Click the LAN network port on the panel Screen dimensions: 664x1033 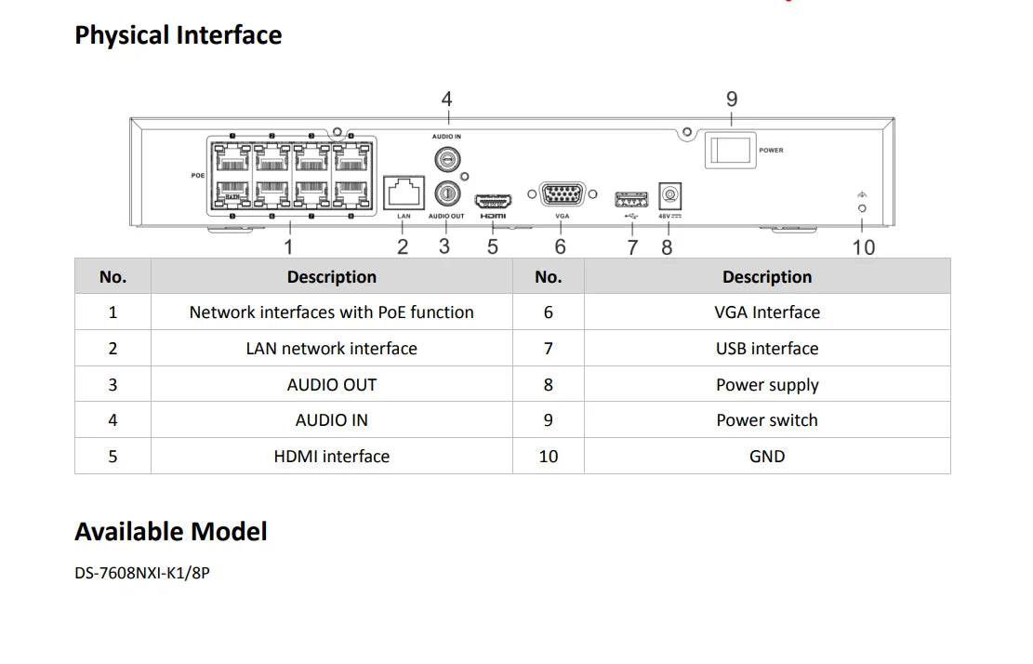404,193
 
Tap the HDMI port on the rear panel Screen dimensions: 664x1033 493,200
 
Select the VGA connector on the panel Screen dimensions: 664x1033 563,195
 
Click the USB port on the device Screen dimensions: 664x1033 631,198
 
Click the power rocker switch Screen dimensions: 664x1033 730,150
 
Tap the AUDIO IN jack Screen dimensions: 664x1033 447,158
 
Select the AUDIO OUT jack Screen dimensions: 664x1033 446,193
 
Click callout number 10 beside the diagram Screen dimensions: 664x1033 864,246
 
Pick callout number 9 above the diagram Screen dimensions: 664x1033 732,99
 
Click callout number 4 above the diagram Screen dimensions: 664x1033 446,99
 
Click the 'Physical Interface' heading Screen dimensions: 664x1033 178,35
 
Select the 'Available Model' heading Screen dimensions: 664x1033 170,532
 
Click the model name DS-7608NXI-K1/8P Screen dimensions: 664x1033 142,573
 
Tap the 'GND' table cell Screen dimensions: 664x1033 767,457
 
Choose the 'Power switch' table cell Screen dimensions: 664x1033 767,420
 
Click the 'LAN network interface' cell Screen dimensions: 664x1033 331,349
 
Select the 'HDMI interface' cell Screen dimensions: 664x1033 331,457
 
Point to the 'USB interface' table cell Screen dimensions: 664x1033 767,349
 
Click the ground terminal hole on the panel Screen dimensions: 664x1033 862,208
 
